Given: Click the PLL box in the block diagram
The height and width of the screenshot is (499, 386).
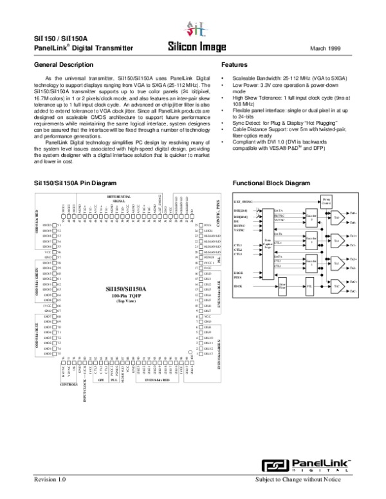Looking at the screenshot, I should tap(309, 285).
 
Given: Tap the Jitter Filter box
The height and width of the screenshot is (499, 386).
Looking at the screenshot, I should tap(282, 287).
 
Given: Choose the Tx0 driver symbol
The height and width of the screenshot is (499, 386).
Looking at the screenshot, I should tap(336, 218).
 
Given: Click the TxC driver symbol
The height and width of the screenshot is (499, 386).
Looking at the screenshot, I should tap(336, 285).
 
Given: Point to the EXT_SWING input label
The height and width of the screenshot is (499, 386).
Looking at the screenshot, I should tap(243, 201).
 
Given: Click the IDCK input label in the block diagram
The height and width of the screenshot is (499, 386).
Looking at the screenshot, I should tap(237, 285).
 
